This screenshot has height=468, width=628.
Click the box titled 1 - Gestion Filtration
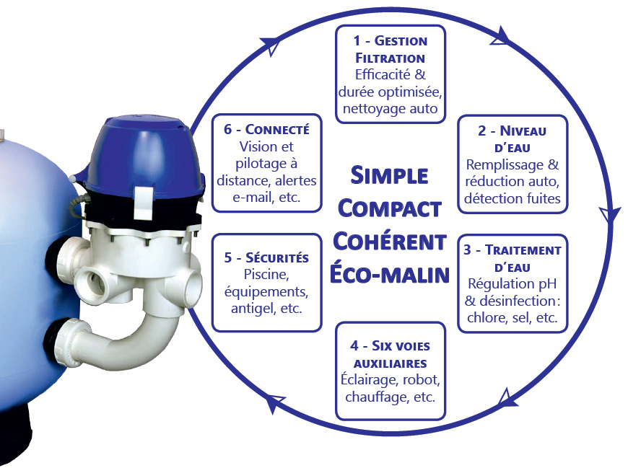point(391,74)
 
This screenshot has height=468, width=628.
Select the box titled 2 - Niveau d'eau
point(513,164)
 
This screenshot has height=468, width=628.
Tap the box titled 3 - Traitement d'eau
point(513,285)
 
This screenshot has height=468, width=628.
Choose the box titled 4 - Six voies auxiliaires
point(391,371)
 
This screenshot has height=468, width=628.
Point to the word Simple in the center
point(390,175)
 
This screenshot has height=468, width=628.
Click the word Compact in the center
point(390,208)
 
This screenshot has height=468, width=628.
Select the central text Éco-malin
point(390,275)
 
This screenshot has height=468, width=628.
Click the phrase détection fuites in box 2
point(513,198)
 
